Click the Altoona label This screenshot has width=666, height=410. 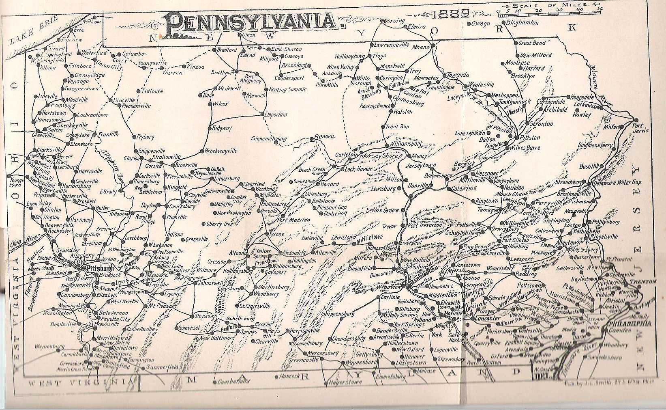[x=238, y=253]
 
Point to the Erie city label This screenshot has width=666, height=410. [x=76, y=30]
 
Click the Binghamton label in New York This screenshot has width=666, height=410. [x=523, y=23]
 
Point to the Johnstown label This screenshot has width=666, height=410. [x=210, y=283]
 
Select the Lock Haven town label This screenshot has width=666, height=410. [x=358, y=169]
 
